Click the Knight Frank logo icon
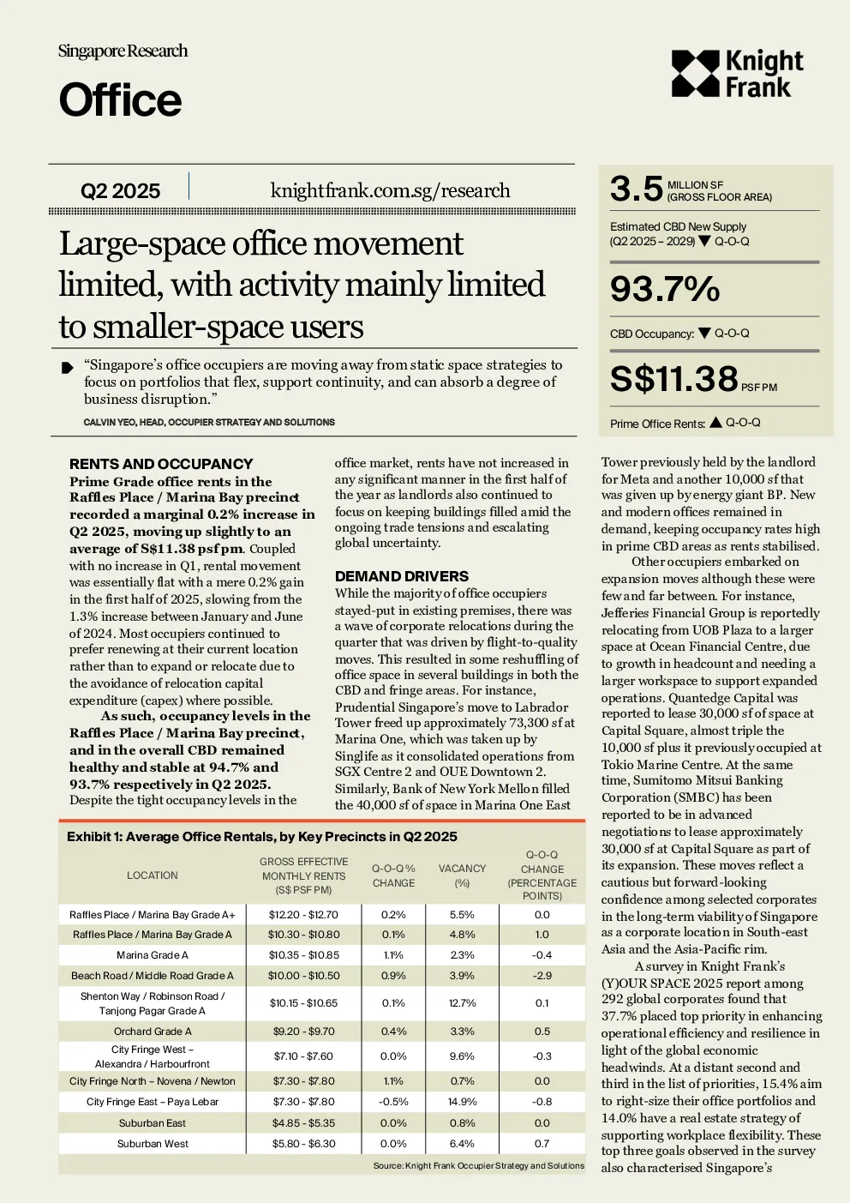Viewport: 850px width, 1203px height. pos(695,74)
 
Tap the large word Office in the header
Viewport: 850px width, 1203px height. pos(120,99)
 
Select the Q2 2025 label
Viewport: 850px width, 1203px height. pos(120,190)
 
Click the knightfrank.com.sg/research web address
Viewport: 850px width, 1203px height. pos(390,190)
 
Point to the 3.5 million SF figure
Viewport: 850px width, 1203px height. pos(637,189)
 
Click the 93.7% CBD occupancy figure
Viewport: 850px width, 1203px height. pos(665,289)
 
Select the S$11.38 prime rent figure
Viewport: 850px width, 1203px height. pos(674,379)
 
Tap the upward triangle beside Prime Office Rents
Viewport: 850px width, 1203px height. pos(715,422)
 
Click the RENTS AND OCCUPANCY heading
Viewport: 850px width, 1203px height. pos(161,464)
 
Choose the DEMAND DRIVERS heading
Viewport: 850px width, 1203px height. pos(401,576)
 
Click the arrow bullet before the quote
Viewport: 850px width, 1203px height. pos(67,368)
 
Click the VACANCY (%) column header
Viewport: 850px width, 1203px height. pos(462,875)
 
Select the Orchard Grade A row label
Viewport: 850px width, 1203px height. pos(153,1032)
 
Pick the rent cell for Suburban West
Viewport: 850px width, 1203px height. pos(303,1143)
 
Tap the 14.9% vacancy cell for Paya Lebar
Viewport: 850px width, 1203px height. pos(462,1102)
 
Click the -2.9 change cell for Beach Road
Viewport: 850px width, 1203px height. pos(542,975)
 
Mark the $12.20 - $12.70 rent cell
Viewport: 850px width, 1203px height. pos(303,915)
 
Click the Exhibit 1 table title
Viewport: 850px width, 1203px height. pos(262,836)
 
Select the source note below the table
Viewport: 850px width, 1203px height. pos(479,1165)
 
